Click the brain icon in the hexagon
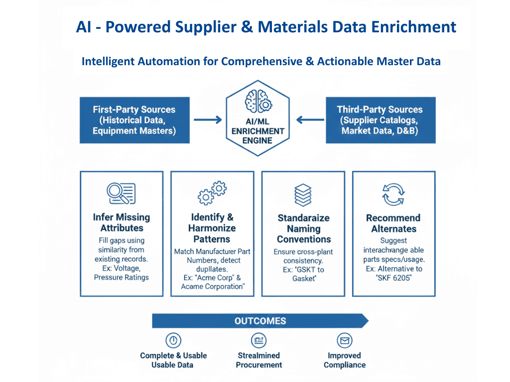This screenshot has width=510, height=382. tap(258, 102)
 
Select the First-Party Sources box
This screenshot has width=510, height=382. tap(134, 120)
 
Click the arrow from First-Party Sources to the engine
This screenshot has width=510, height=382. tap(207, 120)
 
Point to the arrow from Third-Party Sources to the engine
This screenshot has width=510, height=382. tap(310, 120)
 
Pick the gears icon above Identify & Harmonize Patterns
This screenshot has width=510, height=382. tap(212, 193)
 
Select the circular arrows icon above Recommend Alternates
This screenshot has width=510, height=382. tap(393, 194)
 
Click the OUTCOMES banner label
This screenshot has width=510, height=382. tap(260, 321)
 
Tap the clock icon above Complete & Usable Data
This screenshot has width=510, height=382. tap(173, 341)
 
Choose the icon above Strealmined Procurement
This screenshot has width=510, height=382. tap(258, 341)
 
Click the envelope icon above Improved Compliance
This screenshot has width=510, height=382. tap(344, 341)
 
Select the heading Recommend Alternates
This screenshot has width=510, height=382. tap(393, 223)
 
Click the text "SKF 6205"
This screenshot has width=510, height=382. tap(393, 278)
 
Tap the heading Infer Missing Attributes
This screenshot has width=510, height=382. tap(122, 223)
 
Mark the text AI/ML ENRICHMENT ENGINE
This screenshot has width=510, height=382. tap(258, 131)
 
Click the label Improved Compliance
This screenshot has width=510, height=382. tap(344, 360)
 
